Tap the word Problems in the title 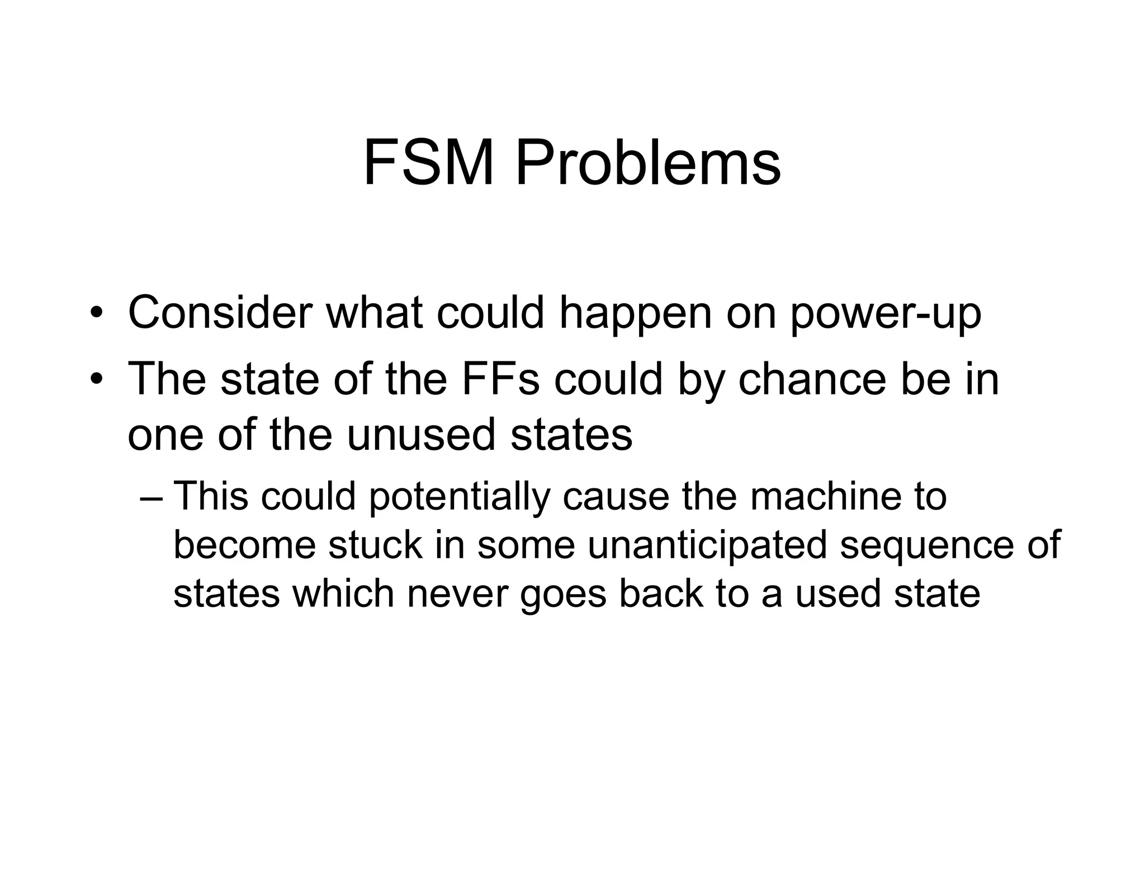647,163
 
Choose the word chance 812,379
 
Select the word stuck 375,544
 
